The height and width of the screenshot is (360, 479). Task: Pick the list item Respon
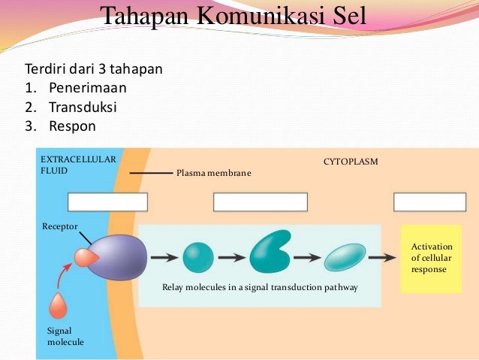pos(73,126)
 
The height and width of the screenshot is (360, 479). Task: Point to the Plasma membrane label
pos(213,174)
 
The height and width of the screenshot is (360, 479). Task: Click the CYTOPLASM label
pos(351,162)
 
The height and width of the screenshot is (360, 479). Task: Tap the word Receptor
pos(60,226)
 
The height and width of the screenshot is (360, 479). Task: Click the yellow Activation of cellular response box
pos(430,258)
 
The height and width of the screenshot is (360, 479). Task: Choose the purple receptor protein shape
pos(119,258)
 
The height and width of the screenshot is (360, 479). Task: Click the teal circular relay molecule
pos(197,257)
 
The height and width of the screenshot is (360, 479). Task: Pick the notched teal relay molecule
pos(270,252)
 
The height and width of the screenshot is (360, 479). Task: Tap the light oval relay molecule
pos(345,257)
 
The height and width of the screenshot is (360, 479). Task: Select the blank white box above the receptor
pos(107,202)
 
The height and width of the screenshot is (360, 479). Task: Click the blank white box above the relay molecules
pos(261,202)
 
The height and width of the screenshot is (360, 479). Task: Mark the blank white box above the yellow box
pos(429,202)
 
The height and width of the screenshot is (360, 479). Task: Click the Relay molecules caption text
pos(260,287)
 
